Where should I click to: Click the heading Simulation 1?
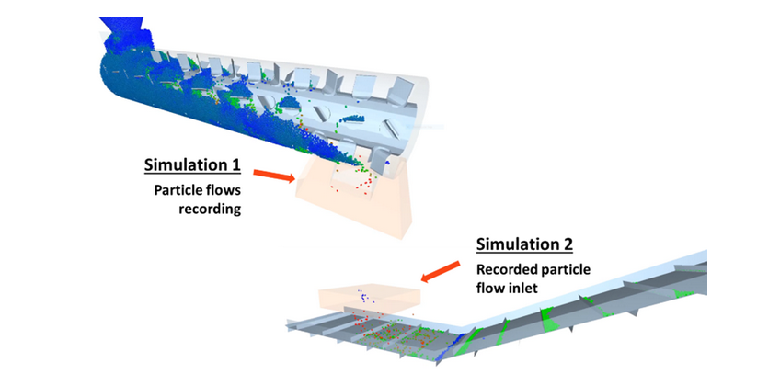192,166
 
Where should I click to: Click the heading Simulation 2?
524,244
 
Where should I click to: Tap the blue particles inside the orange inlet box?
362,295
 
